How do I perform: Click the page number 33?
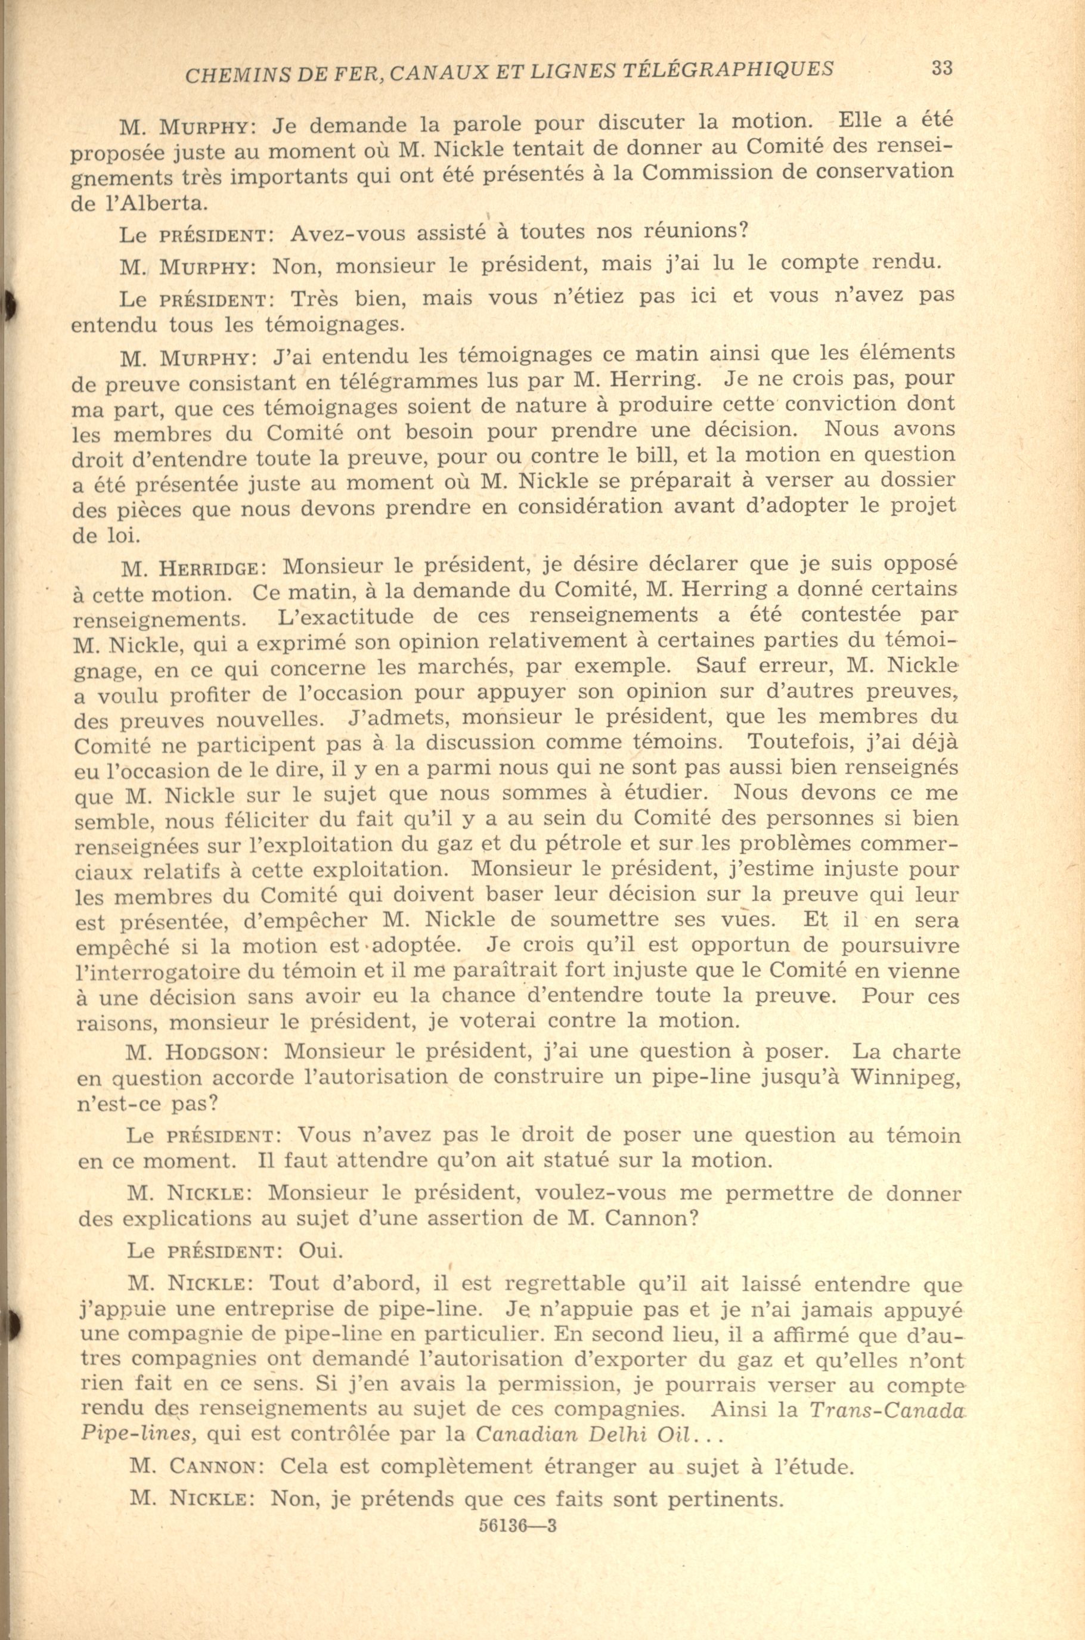pyautogui.click(x=942, y=68)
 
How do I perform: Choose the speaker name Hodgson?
pyautogui.click(x=210, y=1054)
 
